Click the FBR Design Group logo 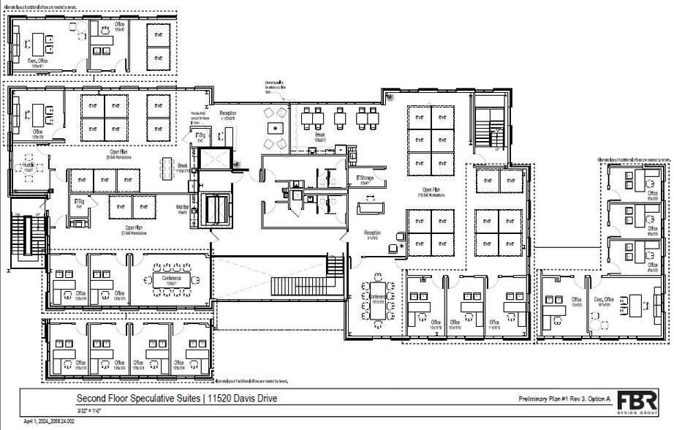(637, 403)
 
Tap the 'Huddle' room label (28, 167)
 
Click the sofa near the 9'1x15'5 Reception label (370, 208)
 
